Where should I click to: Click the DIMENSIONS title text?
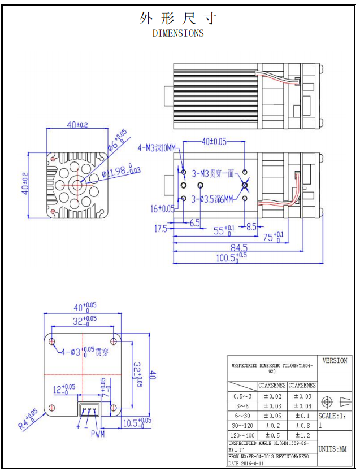[x=178, y=33]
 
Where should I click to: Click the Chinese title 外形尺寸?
[x=178, y=19]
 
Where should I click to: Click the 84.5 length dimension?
[x=238, y=247]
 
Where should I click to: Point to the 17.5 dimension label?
[x=161, y=229]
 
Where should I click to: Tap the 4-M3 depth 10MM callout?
[x=157, y=148]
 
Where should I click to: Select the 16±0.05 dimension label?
[x=162, y=209]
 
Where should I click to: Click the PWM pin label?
[x=97, y=434]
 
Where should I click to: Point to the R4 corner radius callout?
[x=28, y=419]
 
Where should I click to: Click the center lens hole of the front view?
[x=77, y=182]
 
